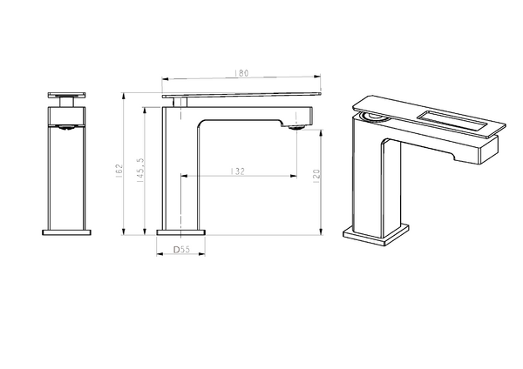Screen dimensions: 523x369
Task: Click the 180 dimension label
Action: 241,73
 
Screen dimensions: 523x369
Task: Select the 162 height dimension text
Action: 119,171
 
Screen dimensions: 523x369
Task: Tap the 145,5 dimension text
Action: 140,170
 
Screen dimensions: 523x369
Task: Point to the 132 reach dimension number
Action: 237,171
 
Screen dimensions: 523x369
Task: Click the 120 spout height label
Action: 316,174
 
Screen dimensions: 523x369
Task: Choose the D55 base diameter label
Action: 181,250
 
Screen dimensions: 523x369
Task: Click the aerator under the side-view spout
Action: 296,127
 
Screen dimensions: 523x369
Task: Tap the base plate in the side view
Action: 180,232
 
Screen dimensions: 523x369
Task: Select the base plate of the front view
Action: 67,232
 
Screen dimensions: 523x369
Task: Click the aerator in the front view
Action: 67,127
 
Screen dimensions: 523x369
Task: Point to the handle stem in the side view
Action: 180,102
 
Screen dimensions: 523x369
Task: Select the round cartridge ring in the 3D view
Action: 374,117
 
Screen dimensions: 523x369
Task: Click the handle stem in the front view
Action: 67,102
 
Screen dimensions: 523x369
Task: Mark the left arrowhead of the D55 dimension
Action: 160,254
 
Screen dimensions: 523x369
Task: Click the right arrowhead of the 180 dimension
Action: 317,77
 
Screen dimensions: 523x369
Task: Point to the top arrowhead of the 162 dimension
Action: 124,96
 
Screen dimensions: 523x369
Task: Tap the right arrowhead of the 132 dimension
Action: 294,176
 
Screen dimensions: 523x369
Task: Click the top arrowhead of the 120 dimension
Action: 321,132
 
